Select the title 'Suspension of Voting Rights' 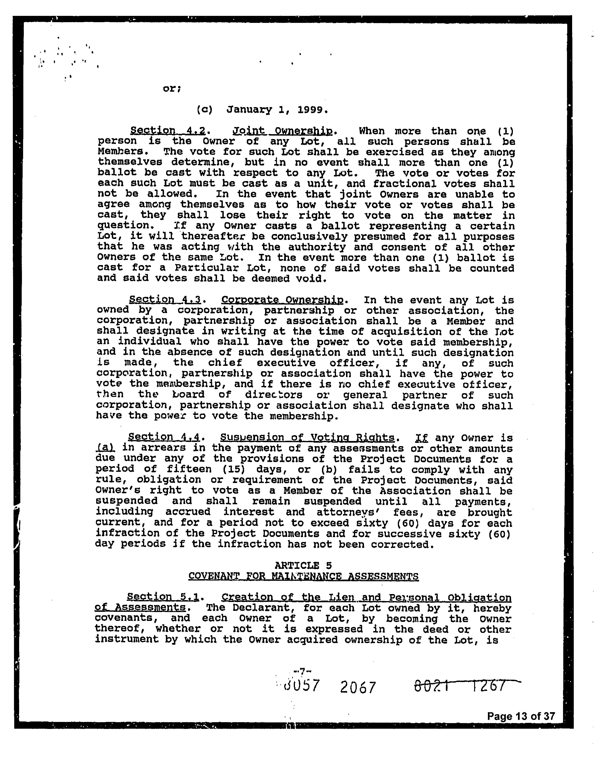tap(307, 437)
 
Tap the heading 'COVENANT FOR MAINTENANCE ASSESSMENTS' tap(304, 576)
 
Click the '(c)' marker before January tap(204, 110)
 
